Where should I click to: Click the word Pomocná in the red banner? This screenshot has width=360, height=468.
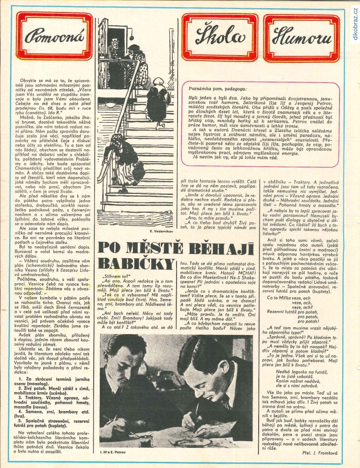[48, 37]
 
